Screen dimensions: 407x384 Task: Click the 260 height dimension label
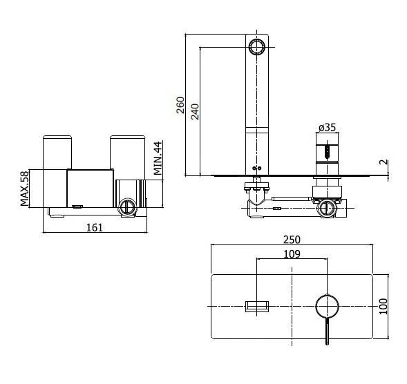click(180, 105)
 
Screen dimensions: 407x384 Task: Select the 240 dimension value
click(195, 112)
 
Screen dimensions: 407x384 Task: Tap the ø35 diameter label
click(328, 127)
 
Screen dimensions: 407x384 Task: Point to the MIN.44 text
click(158, 158)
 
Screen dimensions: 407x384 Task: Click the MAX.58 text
click(25, 189)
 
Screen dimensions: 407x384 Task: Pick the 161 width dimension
click(95, 227)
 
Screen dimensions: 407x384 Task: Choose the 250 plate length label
click(292, 240)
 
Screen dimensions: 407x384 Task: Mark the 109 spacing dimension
click(292, 253)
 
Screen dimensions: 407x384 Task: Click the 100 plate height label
click(383, 307)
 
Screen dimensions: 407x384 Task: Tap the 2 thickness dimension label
click(384, 162)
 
